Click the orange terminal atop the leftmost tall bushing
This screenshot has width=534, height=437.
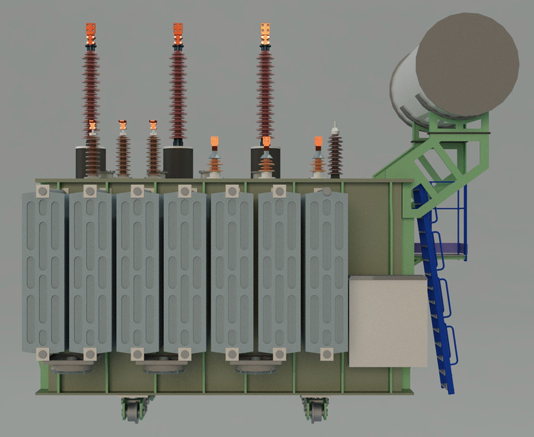pyautogui.click(x=90, y=31)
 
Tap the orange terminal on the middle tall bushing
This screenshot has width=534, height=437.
pyautogui.click(x=178, y=31)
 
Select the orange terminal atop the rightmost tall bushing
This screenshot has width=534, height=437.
pyautogui.click(x=265, y=31)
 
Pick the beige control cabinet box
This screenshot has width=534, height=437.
pyautogui.click(x=388, y=321)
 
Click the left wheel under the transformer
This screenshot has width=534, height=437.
pyautogui.click(x=131, y=409)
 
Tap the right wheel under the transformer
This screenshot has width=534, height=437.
pyautogui.click(x=315, y=409)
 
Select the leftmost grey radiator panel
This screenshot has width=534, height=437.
pyautogui.click(x=43, y=273)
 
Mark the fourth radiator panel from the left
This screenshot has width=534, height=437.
pyautogui.click(x=185, y=273)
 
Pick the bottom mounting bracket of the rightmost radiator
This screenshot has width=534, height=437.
pyautogui.click(x=327, y=353)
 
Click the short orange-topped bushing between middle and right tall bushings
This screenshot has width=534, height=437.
pyautogui.click(x=215, y=157)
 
